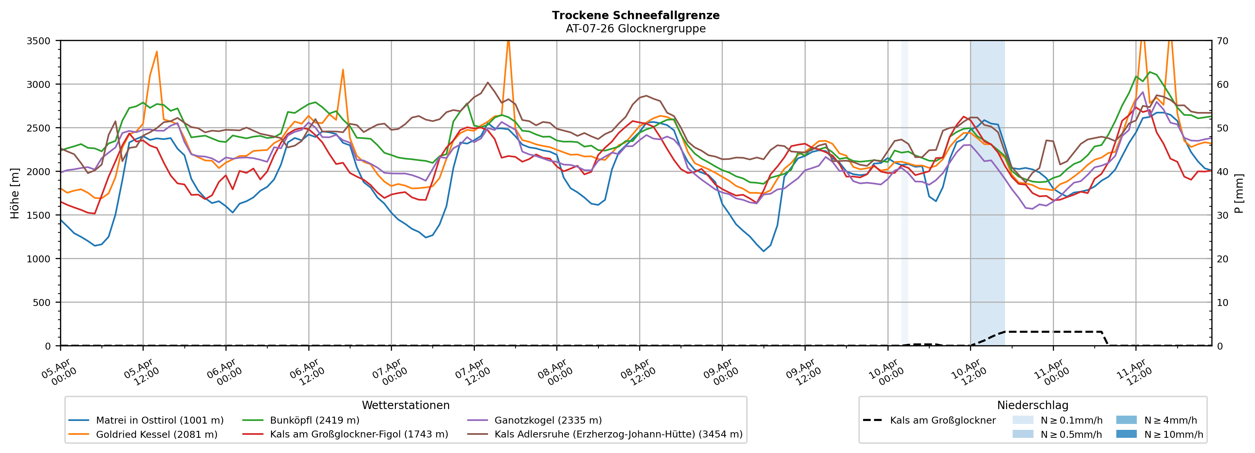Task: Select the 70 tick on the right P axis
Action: [x=1223, y=41]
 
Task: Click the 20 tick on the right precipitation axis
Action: [x=1223, y=259]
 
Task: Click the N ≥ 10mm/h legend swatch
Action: [x=1126, y=434]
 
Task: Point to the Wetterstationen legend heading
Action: [x=405, y=405]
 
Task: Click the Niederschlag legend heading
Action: [x=1032, y=405]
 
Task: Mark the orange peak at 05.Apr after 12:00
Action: [x=157, y=52]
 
